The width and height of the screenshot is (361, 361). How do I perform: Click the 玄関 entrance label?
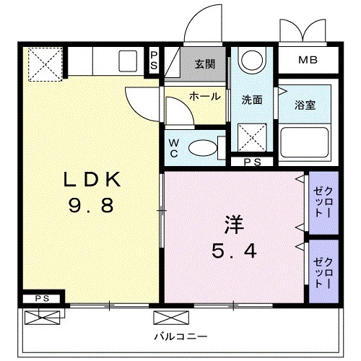click(x=204, y=64)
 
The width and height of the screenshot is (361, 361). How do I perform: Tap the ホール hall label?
click(x=205, y=96)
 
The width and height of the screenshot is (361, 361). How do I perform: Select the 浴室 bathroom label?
click(x=304, y=103)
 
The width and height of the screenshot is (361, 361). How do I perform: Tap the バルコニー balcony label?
click(x=180, y=336)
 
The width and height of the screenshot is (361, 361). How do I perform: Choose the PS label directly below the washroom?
click(x=253, y=162)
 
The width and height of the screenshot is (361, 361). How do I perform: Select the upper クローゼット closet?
click(x=322, y=204)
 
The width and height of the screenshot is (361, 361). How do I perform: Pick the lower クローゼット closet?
click(x=322, y=269)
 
